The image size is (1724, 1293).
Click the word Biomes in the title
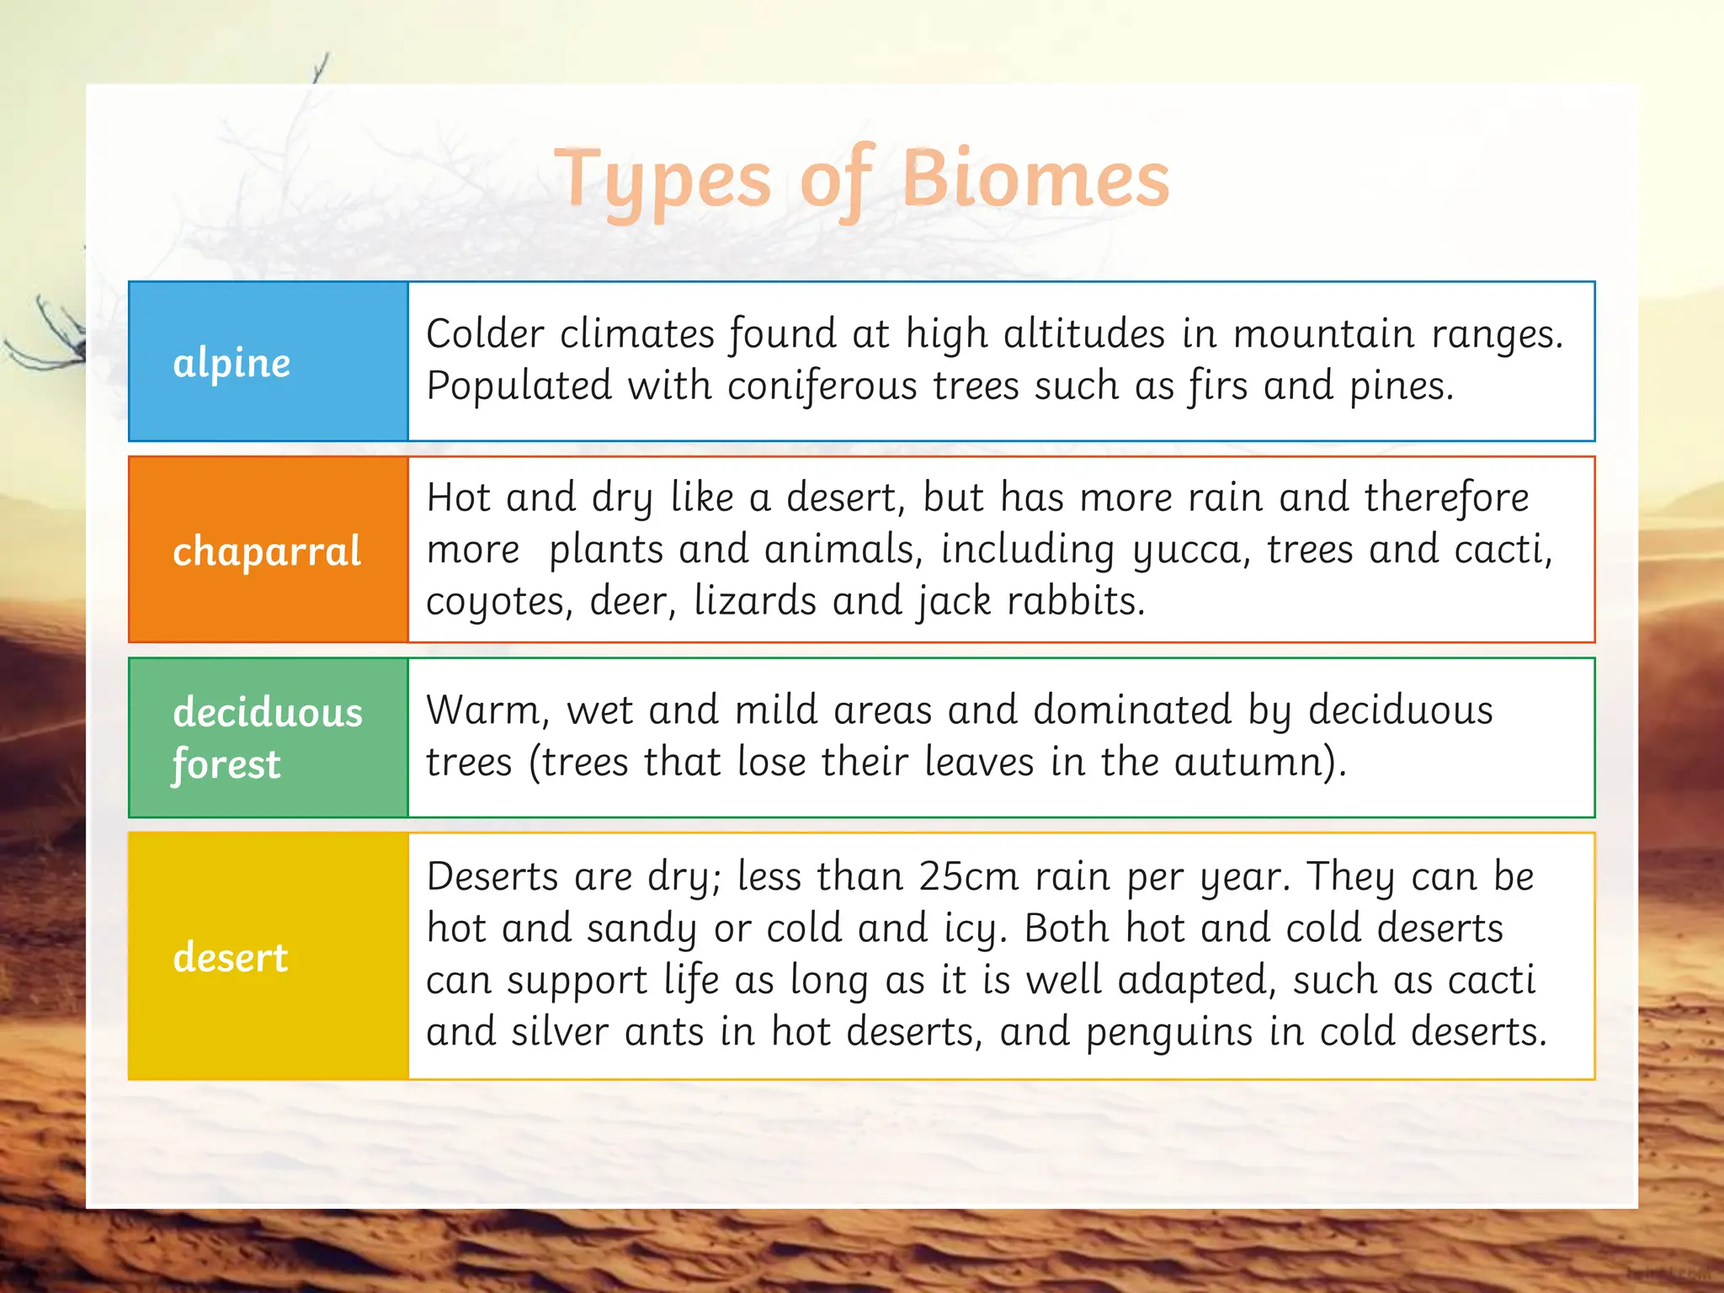coord(1035,178)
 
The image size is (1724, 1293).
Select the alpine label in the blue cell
coord(231,364)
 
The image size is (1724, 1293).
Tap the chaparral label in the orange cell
coord(267,551)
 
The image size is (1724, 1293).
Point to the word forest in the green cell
coord(226,764)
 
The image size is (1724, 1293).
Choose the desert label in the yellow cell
coord(231,957)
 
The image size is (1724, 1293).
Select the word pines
coord(1401,386)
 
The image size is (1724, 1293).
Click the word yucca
coord(1190,551)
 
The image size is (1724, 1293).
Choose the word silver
coord(560,1031)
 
